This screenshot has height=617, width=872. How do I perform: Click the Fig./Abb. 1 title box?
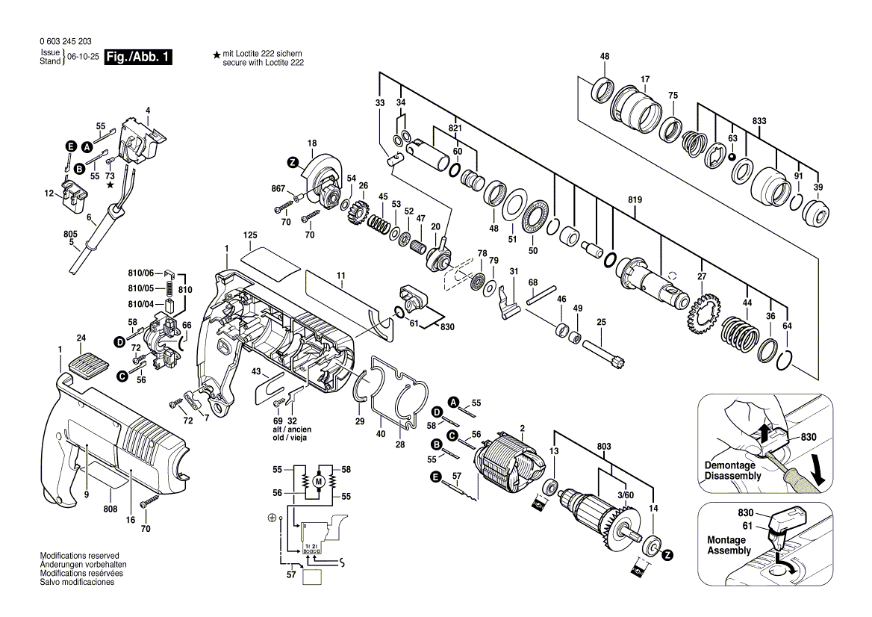click(x=138, y=57)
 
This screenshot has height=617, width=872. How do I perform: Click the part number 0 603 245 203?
click(x=66, y=42)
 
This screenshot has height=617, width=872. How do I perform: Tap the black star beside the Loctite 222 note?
click(x=217, y=55)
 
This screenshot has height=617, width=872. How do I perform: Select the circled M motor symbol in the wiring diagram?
click(x=319, y=481)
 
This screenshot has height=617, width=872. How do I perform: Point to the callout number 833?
click(x=759, y=121)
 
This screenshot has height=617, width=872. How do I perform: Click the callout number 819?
click(x=635, y=199)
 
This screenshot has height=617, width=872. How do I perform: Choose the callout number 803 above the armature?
click(x=604, y=446)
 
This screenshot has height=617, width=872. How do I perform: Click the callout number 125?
click(x=250, y=236)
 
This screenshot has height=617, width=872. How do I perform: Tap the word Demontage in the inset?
click(x=729, y=465)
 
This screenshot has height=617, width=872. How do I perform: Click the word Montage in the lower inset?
click(x=726, y=540)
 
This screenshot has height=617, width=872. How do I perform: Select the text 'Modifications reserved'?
click(x=80, y=556)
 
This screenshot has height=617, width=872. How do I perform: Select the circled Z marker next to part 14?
click(x=667, y=555)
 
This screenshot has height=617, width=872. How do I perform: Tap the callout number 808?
click(x=110, y=509)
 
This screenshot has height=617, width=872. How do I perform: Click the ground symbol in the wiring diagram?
click(x=272, y=518)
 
